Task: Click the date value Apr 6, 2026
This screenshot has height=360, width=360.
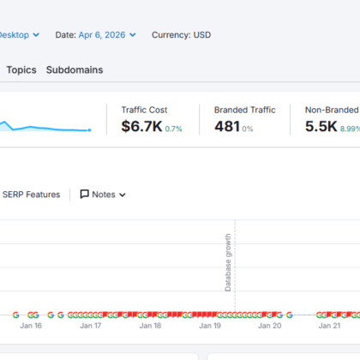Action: tap(102, 35)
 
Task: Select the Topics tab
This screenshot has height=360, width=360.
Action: tap(21, 70)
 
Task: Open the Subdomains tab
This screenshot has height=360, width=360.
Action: tap(75, 70)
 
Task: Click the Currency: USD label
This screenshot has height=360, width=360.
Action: tap(182, 35)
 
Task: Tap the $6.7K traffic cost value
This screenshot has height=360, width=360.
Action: tap(141, 126)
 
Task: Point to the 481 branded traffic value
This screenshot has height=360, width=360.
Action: tap(227, 126)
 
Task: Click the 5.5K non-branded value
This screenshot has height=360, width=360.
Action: tap(321, 126)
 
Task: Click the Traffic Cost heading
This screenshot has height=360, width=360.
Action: tap(144, 110)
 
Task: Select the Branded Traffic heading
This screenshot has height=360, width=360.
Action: tap(245, 110)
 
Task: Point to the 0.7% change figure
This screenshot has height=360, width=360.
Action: tap(173, 129)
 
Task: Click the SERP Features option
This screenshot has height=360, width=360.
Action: tap(31, 195)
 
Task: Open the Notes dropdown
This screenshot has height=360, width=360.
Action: tap(103, 195)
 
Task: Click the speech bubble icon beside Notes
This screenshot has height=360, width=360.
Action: tap(84, 195)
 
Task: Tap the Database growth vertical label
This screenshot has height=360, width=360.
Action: tap(228, 262)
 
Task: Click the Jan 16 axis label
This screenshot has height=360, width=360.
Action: tap(31, 326)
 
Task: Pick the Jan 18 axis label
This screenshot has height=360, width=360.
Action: tap(150, 326)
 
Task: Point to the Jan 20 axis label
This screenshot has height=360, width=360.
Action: tap(270, 326)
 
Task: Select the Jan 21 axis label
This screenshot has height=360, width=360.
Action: tap(329, 326)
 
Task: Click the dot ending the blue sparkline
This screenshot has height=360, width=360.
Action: tap(89, 130)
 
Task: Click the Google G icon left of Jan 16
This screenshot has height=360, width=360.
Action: tap(16, 315)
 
